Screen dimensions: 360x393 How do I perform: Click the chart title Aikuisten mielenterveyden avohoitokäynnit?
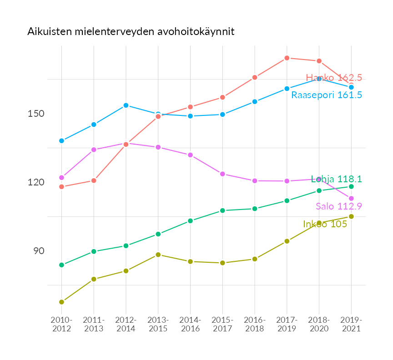[x=131, y=32]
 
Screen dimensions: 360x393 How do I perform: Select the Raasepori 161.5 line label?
[x=327, y=95]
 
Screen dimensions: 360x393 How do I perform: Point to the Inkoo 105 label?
[x=325, y=224]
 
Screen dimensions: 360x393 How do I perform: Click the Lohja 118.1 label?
[x=336, y=179]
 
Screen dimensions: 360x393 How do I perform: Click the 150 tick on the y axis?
[x=35, y=114]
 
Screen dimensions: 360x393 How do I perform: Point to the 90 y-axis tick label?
[x=38, y=251]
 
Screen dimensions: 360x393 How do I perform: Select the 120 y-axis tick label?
[x=35, y=182]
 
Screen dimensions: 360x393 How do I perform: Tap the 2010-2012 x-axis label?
[x=61, y=324]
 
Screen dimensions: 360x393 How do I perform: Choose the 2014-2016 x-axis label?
[x=190, y=324]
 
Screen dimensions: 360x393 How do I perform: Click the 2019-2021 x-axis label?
[x=351, y=324]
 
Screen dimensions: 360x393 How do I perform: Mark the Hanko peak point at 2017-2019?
[x=287, y=58]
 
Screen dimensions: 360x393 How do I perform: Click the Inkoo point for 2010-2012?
[x=61, y=302]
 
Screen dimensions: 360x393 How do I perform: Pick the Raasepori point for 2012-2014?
[x=126, y=105]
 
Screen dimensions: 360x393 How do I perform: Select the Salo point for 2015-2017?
[x=222, y=174]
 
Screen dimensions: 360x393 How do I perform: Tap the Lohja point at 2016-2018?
[x=255, y=209]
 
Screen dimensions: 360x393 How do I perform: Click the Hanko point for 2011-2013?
[x=94, y=180]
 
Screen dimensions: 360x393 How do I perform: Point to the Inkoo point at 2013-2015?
[x=158, y=255]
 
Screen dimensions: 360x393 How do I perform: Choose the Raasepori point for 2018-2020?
[x=319, y=79]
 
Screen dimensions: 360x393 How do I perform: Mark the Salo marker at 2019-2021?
[x=351, y=199]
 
